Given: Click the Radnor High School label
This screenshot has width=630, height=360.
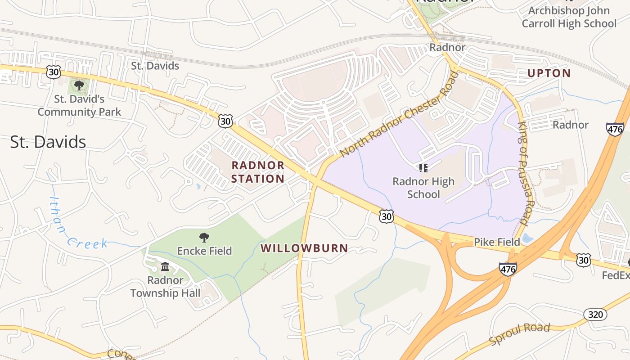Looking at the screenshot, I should (423, 188).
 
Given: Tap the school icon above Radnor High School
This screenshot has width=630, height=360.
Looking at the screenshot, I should (423, 168).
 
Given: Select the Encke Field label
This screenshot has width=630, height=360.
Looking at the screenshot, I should (204, 251).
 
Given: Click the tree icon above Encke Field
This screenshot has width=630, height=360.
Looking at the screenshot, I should (204, 237).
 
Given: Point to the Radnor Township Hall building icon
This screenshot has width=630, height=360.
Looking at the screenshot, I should (165, 267).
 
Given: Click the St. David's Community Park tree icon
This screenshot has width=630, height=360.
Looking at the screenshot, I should (79, 85).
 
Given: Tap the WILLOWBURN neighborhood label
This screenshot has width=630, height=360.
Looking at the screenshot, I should (304, 248).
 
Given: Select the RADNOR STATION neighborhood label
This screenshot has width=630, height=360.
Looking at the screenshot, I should (258, 172).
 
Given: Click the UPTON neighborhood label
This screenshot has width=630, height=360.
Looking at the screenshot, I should (549, 73).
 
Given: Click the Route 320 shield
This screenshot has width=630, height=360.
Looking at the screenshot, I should (595, 314).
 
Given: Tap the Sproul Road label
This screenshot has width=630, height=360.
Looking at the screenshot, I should (520, 333).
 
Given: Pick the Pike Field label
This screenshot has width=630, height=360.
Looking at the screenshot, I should (497, 242).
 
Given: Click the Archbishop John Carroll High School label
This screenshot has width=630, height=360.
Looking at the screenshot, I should (569, 17).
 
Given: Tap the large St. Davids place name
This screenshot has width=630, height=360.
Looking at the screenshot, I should (48, 142).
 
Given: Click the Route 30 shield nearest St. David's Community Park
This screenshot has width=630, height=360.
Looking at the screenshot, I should (53, 71).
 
